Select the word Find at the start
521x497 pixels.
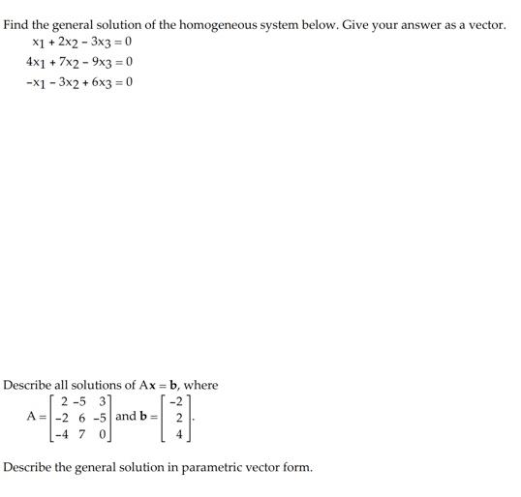(x=16, y=24)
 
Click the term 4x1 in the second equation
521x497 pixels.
(x=35, y=63)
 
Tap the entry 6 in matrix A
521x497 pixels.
(x=83, y=418)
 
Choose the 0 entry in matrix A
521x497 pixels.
(x=102, y=435)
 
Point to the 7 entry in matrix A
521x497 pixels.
(x=83, y=435)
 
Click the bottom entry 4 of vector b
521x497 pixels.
(x=178, y=435)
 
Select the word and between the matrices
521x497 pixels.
(x=127, y=418)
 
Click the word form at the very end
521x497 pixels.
(x=297, y=468)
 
